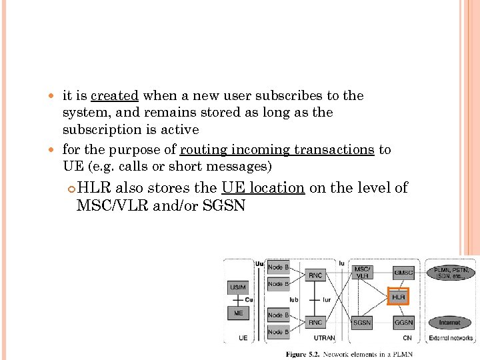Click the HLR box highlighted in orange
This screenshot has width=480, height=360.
coord(399,296)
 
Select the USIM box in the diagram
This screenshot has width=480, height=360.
coord(238,287)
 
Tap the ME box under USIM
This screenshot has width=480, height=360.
coord(238,313)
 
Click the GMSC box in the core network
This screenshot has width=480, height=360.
coord(403,273)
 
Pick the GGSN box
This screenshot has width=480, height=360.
coord(403,323)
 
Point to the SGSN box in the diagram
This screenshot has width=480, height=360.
coord(362,323)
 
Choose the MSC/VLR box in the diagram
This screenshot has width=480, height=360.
coord(362,272)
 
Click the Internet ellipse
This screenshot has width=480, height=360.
coord(449,323)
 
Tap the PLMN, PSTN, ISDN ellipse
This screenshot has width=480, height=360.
coord(451,273)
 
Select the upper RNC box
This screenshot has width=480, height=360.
coord(315,275)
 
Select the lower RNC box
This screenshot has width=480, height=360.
coord(315,323)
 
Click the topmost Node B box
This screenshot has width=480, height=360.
coord(278,267)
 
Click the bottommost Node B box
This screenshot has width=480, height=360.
coord(278,331)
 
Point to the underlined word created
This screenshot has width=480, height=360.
coord(115,96)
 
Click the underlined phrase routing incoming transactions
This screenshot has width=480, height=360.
coord(277,149)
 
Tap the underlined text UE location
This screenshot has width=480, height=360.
coord(263,188)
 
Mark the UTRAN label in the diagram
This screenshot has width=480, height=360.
coord(323,338)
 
